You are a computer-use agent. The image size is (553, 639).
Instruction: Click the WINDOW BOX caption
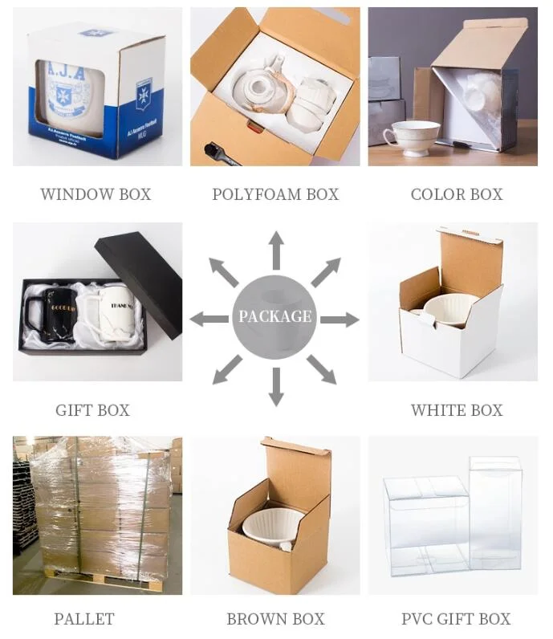pyautogui.click(x=96, y=194)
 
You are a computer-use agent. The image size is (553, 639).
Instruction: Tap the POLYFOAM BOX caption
pyautogui.click(x=275, y=194)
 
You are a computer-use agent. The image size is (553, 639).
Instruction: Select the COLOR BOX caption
pyautogui.click(x=456, y=194)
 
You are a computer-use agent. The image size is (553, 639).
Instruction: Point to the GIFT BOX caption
pyautogui.click(x=92, y=410)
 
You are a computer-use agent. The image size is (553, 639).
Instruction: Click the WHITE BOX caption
pyautogui.click(x=456, y=410)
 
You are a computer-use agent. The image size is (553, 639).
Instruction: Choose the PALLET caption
pyautogui.click(x=84, y=619)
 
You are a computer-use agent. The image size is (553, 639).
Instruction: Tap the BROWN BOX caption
pyautogui.click(x=275, y=619)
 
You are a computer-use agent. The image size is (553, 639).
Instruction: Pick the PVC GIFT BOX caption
pyautogui.click(x=455, y=619)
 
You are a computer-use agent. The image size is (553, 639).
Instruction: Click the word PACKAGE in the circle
pyautogui.click(x=274, y=316)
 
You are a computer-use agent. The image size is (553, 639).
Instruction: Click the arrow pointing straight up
pyautogui.click(x=275, y=250)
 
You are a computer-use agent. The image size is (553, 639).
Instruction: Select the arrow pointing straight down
pyautogui.click(x=275, y=386)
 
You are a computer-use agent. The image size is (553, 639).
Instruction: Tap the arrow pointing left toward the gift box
pyautogui.click(x=208, y=319)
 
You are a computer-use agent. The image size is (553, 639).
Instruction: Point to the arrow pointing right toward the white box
pyautogui.click(x=341, y=319)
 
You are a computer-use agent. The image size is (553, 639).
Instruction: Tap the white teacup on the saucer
pyautogui.click(x=414, y=132)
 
